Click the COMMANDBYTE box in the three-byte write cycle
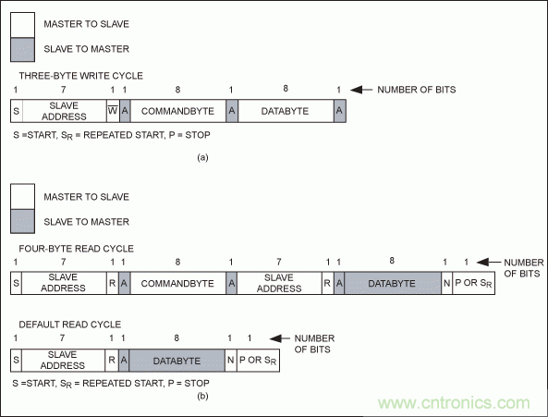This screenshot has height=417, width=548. [x=177, y=111]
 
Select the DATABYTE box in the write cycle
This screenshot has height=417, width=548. [x=286, y=111]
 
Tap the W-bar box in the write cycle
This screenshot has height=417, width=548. [x=113, y=111]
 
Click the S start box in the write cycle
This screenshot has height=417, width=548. [x=17, y=111]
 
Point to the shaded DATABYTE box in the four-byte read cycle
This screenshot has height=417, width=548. [x=393, y=283]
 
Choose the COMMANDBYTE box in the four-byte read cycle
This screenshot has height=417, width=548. [x=177, y=283]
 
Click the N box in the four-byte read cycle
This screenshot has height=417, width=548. [x=447, y=283]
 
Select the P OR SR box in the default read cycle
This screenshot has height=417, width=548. [x=258, y=360]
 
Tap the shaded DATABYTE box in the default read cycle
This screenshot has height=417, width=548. [x=177, y=360]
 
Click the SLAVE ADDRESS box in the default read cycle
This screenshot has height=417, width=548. [x=63, y=360]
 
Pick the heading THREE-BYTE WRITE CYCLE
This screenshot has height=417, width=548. [x=80, y=76]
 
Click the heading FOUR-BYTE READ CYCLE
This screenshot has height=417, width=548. [x=76, y=249]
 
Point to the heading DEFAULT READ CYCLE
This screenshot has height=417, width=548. [x=70, y=325]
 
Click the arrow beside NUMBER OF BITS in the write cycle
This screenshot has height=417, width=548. [x=361, y=90]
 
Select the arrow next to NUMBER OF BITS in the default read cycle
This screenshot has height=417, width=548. [x=280, y=338]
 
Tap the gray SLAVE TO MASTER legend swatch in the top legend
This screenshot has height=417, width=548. [x=22, y=50]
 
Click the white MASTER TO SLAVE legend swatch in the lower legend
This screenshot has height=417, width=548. [x=22, y=197]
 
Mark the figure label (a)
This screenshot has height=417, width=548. [x=202, y=157]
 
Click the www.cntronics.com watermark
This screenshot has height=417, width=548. [x=454, y=403]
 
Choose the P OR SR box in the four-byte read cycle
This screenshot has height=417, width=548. [x=473, y=283]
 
